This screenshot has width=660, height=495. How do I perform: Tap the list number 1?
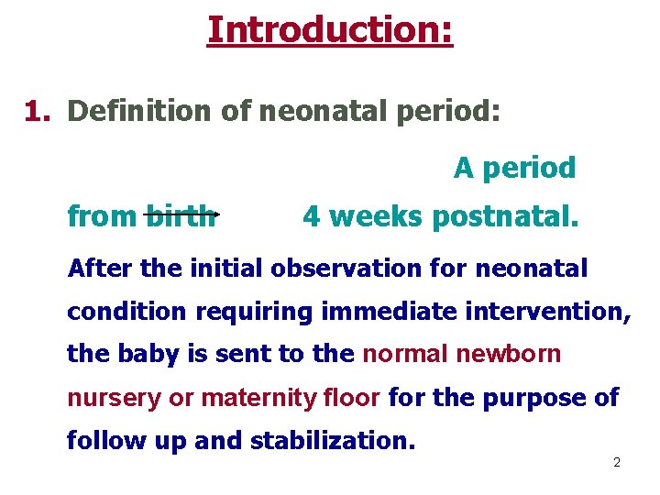[37, 111]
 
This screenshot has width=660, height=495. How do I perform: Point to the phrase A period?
[514, 168]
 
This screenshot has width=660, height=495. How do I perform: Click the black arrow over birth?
[181, 214]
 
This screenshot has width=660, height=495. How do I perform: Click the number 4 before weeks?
[312, 216]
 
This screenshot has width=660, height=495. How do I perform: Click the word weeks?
[377, 216]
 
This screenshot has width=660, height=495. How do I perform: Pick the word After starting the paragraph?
[100, 269]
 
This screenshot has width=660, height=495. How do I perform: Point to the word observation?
[370, 269]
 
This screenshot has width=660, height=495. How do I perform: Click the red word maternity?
[258, 398]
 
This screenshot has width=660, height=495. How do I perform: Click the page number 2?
[616, 463]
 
